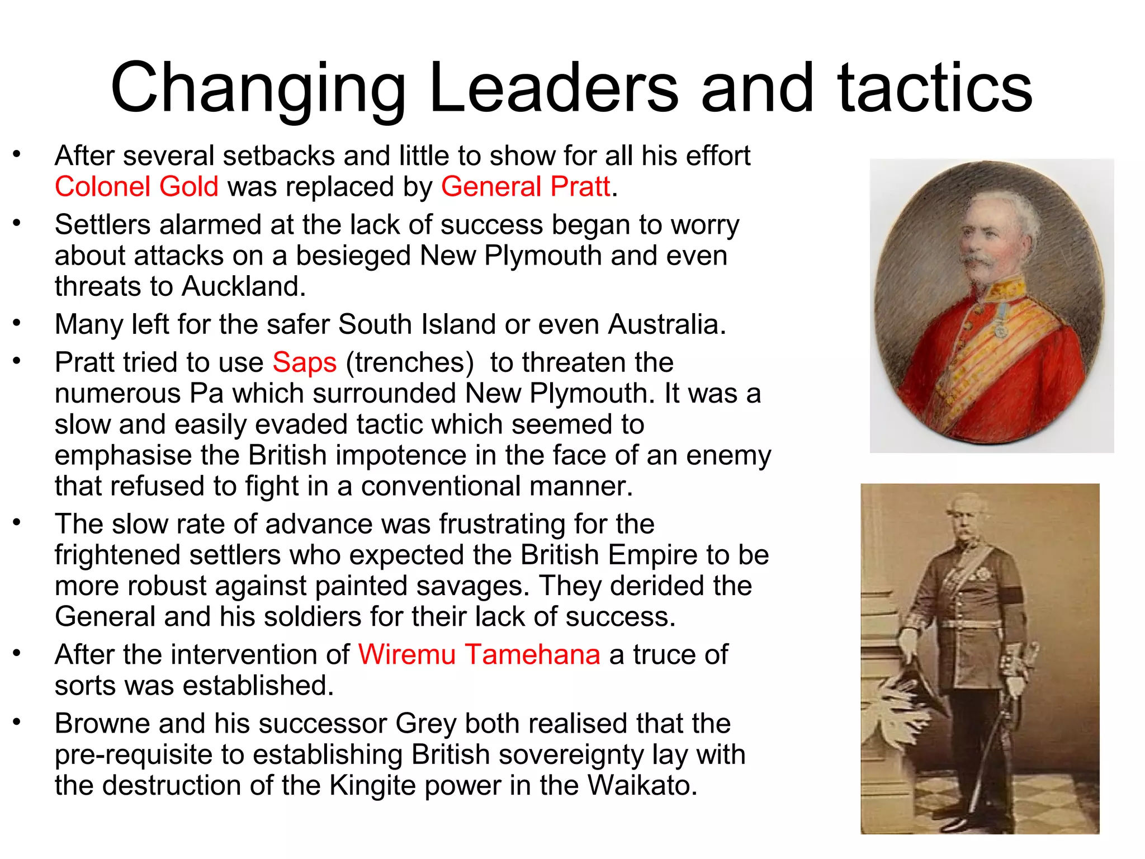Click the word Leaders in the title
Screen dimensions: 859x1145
[553, 88]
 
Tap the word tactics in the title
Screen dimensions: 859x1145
[934, 88]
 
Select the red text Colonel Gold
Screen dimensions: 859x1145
[136, 187]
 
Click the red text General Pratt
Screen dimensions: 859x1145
[525, 187]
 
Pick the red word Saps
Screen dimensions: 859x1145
[305, 362]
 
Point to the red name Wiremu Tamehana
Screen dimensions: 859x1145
[479, 654]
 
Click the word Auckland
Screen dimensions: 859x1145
[244, 286]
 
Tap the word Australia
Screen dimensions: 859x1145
[667, 324]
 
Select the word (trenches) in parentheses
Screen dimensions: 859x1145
[410, 362]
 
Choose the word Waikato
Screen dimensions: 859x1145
[642, 785]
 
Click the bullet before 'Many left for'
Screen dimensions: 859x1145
[17, 323]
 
